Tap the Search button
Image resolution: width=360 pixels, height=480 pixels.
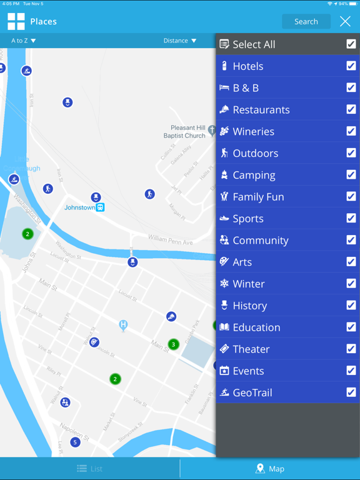pyautogui.click(x=306, y=21)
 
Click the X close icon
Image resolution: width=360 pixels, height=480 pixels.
pyautogui.click(x=345, y=21)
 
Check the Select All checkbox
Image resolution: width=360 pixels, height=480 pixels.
pyautogui.click(x=351, y=44)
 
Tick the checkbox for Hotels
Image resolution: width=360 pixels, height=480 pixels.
pyautogui.click(x=351, y=66)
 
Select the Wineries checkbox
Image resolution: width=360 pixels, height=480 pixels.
pyautogui.click(x=351, y=131)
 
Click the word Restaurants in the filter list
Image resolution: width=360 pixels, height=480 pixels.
pyautogui.click(x=261, y=110)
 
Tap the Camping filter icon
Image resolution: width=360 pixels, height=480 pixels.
pyautogui.click(x=224, y=175)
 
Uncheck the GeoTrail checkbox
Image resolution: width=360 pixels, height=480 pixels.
pyautogui.click(x=351, y=392)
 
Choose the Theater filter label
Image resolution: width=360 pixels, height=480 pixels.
pyautogui.click(x=251, y=349)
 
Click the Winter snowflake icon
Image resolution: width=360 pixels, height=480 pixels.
pyautogui.click(x=224, y=284)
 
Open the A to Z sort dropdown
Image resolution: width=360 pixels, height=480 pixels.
pyautogui.click(x=24, y=41)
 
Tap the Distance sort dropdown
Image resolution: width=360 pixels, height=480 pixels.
pyautogui.click(x=180, y=41)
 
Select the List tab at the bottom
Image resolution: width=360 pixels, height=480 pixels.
pyautogui.click(x=90, y=469)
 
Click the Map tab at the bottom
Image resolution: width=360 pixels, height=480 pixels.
pyautogui.click(x=270, y=469)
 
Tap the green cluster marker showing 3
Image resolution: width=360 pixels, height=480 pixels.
pyautogui.click(x=174, y=344)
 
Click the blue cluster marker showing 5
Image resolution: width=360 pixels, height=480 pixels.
pyautogui.click(x=75, y=442)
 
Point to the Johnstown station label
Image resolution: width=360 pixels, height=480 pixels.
pyautogui.click(x=80, y=207)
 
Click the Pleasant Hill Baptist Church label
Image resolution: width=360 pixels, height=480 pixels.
pyautogui.click(x=184, y=131)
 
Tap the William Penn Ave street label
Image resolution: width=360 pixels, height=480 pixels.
pyautogui.click(x=171, y=239)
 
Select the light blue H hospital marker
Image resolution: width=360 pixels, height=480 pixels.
pyautogui.click(x=124, y=324)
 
